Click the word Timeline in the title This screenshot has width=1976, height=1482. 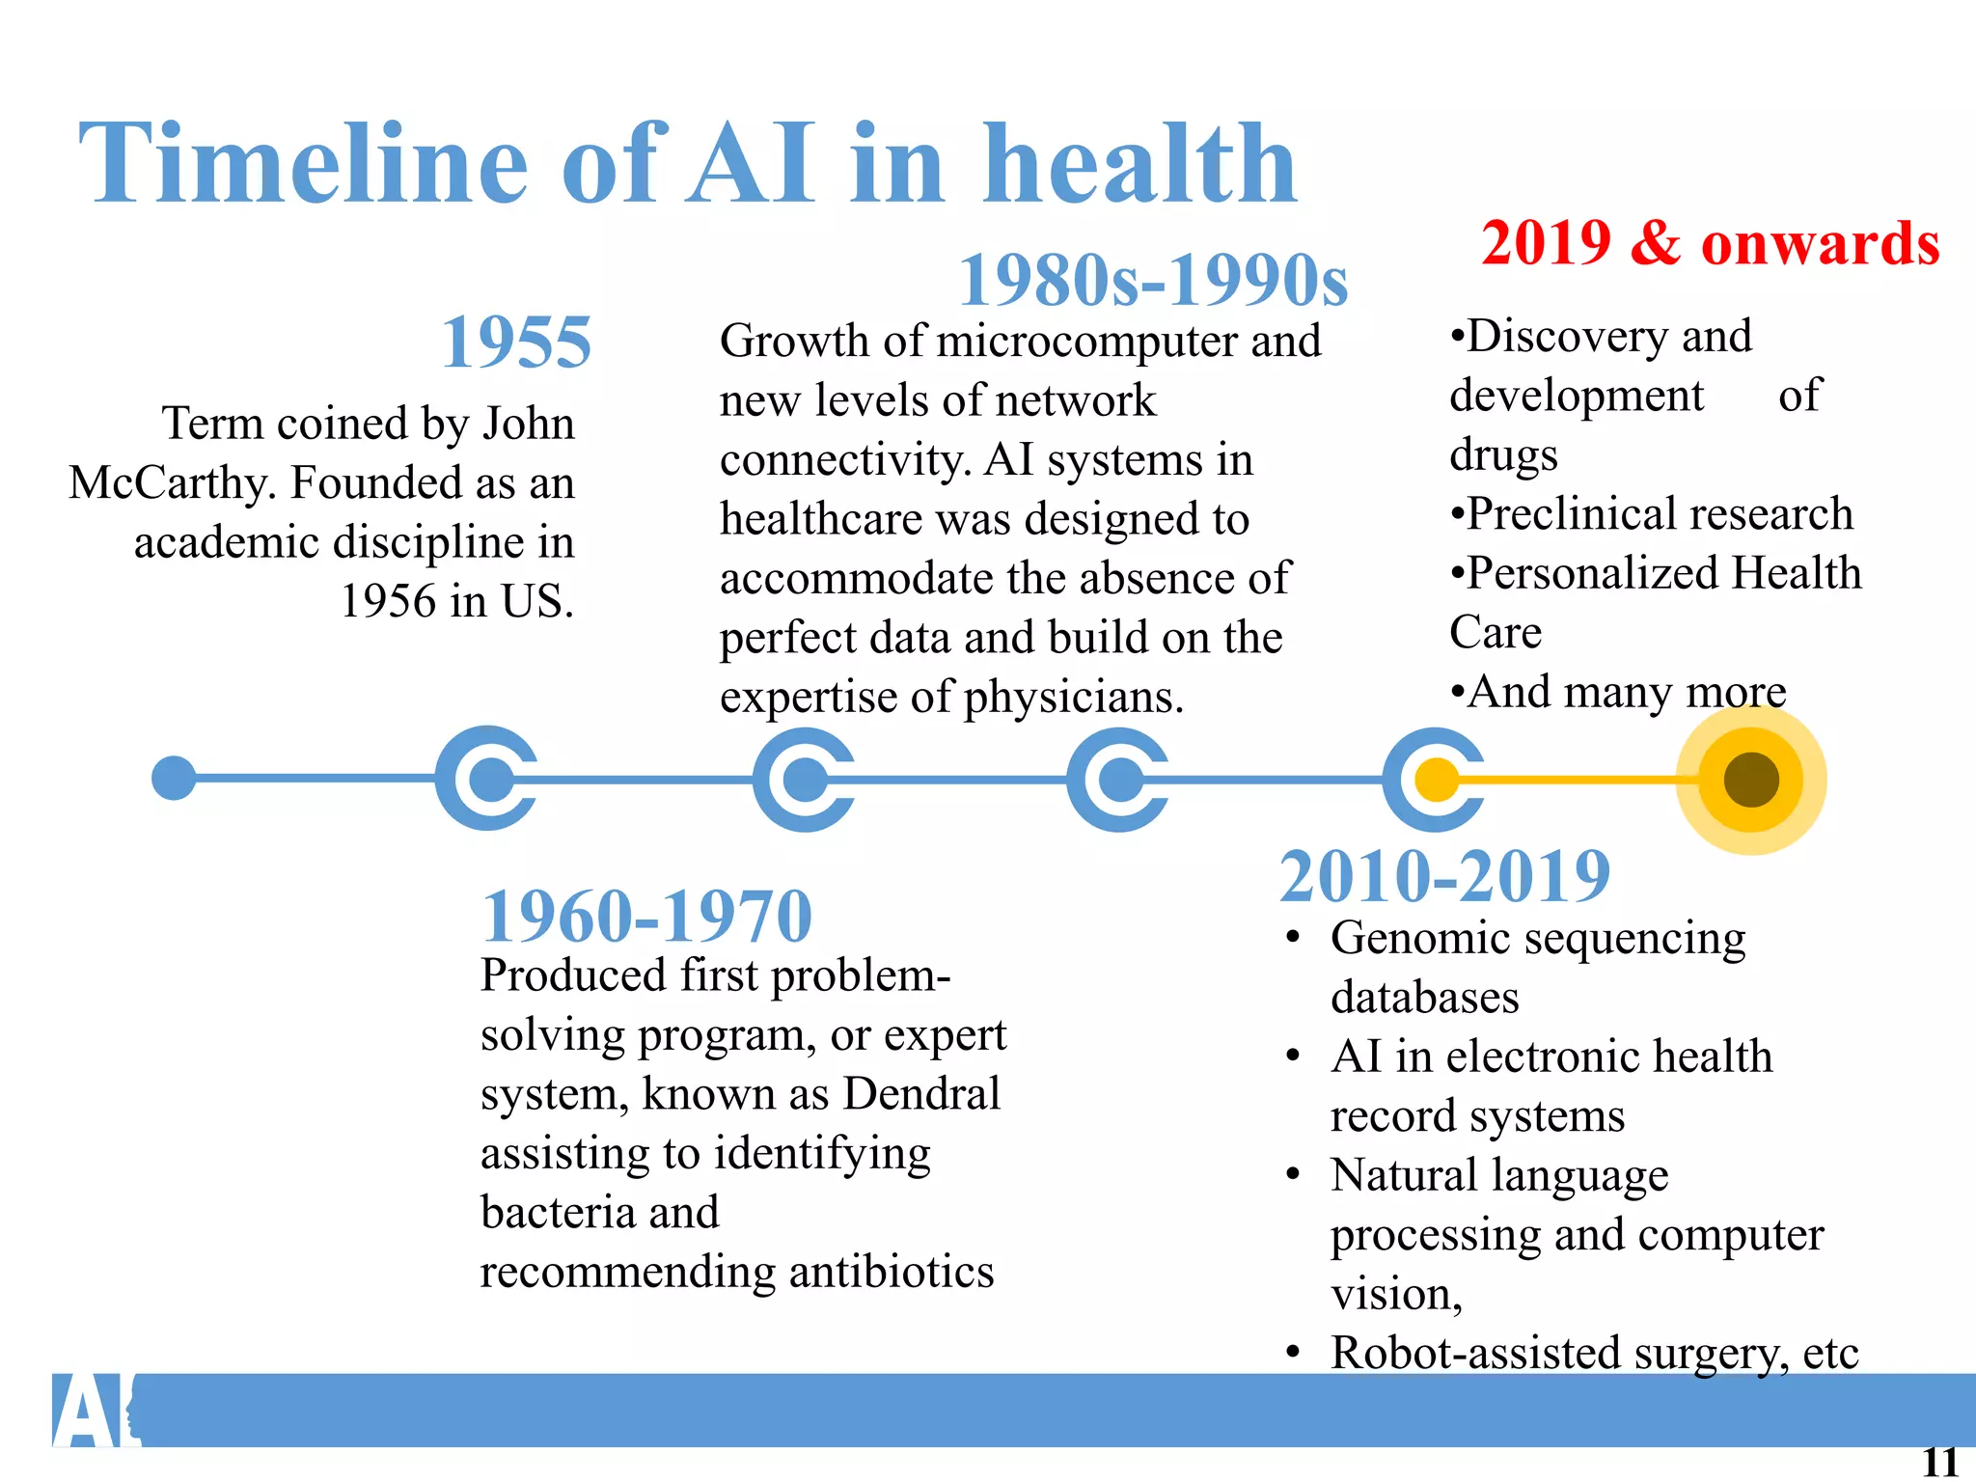point(303,164)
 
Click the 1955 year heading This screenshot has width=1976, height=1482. point(516,343)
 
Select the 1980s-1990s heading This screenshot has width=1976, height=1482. point(1153,281)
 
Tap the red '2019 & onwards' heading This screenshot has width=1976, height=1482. point(1710,243)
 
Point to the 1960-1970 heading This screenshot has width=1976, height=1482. point(646,917)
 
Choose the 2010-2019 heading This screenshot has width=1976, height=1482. point(1444,876)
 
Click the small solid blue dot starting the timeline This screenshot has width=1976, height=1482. point(174,778)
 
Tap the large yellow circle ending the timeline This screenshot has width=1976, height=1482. point(1750,780)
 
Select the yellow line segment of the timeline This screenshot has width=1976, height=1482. point(1582,780)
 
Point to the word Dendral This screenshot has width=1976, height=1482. point(921,1094)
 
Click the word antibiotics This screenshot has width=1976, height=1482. point(892,1272)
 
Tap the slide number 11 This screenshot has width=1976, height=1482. point(1939,1463)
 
